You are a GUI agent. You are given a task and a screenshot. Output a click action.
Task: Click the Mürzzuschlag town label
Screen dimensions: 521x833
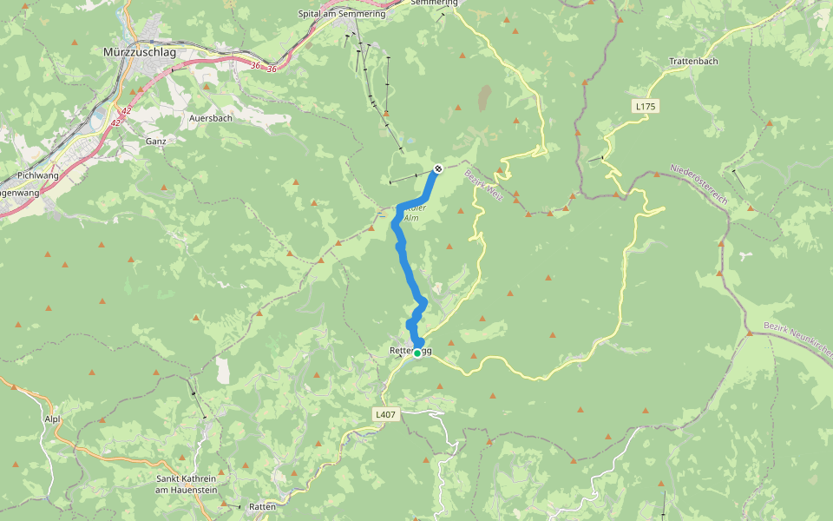coord(140,52)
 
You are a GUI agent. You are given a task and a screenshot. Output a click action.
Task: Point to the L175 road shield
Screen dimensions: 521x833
coord(646,106)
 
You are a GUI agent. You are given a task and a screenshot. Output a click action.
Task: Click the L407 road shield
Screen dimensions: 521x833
coord(386,415)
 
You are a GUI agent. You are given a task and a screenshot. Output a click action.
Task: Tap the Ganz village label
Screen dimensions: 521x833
coord(155,141)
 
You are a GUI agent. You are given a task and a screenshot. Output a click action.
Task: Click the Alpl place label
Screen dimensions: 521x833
coord(51,418)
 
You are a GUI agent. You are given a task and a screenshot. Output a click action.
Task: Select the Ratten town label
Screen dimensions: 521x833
coord(262,506)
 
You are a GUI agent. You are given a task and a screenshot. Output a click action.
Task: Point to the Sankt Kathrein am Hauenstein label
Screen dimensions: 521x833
coord(186,485)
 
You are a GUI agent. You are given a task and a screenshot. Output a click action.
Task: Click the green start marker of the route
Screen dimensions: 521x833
coord(417,353)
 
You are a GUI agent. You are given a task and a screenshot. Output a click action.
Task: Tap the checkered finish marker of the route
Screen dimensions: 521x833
coord(439,168)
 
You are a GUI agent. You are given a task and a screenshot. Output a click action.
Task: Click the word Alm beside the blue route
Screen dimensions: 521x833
coord(410,218)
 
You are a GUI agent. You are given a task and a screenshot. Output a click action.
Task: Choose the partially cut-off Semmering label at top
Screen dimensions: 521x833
coord(434,3)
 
